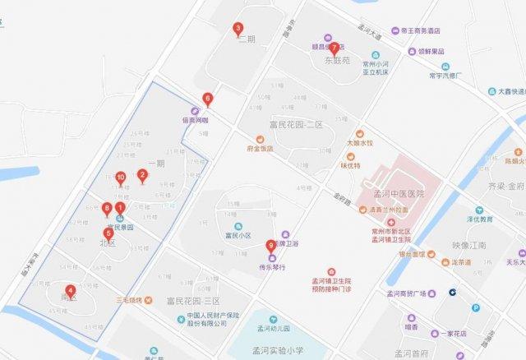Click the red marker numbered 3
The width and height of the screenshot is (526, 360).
click(238, 30)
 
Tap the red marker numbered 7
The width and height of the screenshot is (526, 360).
click(333, 47)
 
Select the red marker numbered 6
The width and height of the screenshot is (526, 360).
click(207, 99)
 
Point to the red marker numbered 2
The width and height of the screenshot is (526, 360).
click(142, 174)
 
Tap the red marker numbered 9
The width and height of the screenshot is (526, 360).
click(271, 245)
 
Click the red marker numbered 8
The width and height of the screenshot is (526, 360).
click(107, 208)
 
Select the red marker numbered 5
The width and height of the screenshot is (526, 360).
click(109, 233)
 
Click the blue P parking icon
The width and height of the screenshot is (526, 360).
click(476, 307)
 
